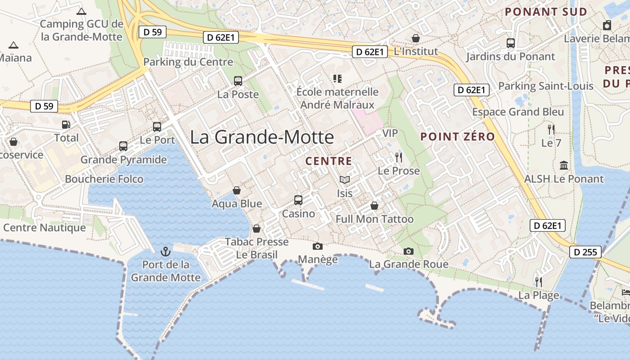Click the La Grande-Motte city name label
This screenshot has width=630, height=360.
262,137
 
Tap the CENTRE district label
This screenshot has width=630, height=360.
328,161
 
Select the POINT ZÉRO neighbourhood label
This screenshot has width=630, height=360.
458,137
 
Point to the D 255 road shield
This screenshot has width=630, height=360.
585,252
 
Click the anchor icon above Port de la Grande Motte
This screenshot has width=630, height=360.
166,251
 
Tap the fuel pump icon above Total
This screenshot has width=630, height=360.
66,124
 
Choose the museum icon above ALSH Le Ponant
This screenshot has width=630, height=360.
564,165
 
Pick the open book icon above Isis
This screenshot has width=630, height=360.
345,180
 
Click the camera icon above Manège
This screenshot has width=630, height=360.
318,246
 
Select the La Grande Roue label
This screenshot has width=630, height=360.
409,264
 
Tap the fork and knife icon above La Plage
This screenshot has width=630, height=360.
538,282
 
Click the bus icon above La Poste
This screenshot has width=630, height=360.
238,81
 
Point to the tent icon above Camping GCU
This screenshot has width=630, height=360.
81,12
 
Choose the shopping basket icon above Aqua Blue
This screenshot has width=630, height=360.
237,190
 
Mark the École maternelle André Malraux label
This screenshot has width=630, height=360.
337,99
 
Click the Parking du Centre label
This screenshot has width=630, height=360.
188,62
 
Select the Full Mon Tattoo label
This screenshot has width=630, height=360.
374,219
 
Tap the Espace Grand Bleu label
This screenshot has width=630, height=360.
518,112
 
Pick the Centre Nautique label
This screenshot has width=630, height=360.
44,228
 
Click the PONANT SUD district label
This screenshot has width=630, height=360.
546,12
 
